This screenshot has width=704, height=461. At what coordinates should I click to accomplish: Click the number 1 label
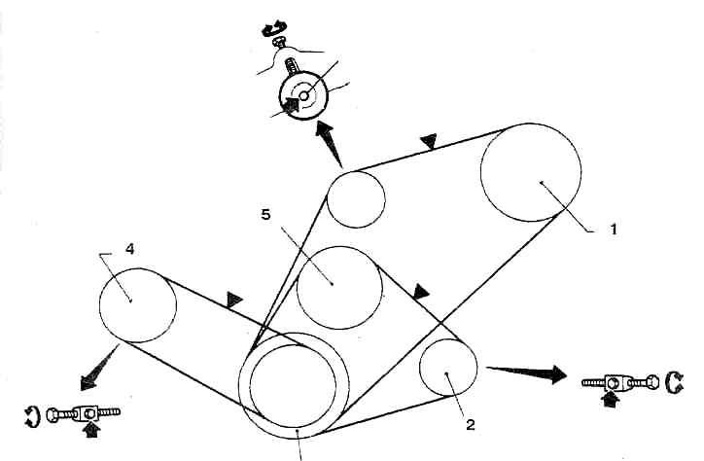pyautogui.click(x=613, y=230)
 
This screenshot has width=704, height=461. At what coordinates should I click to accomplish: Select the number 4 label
pyautogui.click(x=129, y=249)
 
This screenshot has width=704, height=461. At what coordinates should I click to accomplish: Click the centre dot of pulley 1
pyautogui.click(x=538, y=182)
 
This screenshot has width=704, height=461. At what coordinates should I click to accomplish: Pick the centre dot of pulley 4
pyautogui.click(x=130, y=301)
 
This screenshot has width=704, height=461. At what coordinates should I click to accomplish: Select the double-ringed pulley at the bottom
pyautogui.click(x=291, y=385)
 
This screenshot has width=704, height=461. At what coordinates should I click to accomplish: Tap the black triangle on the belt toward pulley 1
pyautogui.click(x=428, y=144)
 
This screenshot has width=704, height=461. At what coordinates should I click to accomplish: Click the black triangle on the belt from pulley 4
pyautogui.click(x=233, y=300)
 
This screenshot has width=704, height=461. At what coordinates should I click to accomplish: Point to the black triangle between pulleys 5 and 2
pyautogui.click(x=420, y=291)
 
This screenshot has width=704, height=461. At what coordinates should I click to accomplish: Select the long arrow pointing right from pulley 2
pyautogui.click(x=530, y=371)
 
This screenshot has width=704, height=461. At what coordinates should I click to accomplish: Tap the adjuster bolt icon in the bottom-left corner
pyautogui.click(x=76, y=415)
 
